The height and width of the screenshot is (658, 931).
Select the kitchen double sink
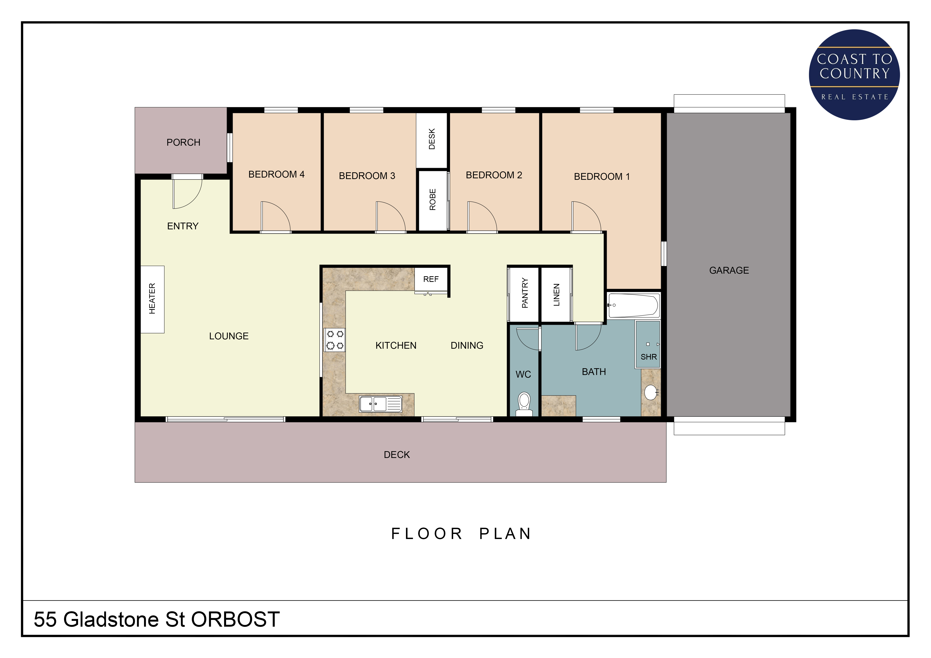click(x=380, y=404)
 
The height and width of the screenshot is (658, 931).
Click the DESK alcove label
click(x=432, y=139)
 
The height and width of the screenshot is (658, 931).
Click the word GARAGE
click(x=729, y=270)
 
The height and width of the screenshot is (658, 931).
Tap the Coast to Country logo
click(x=854, y=75)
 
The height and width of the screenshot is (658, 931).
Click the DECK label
click(x=397, y=455)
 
